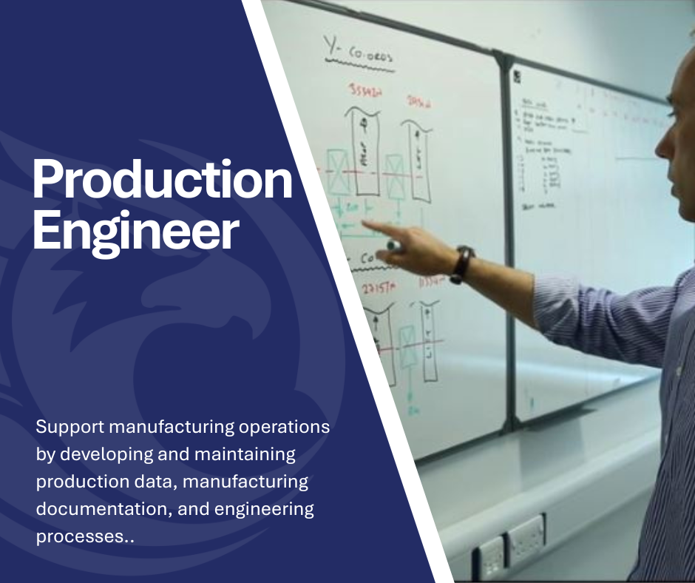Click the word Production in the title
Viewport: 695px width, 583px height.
(162, 181)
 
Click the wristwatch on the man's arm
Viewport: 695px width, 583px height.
(463, 263)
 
